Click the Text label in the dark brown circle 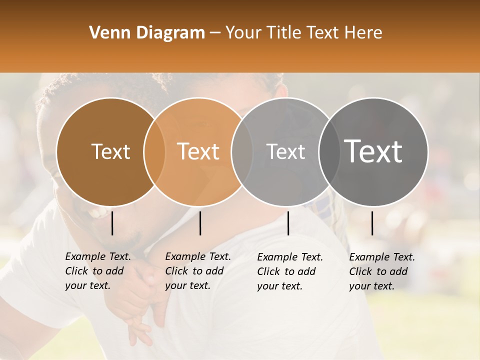[110, 151]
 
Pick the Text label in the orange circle [198, 151]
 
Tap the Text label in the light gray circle [285, 151]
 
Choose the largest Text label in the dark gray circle [373, 151]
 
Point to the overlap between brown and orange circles [154, 151]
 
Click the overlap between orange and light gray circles [242, 151]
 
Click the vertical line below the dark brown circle [112, 223]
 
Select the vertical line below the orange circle [200, 223]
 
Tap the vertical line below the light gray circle [288, 223]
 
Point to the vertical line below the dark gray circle [372, 223]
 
